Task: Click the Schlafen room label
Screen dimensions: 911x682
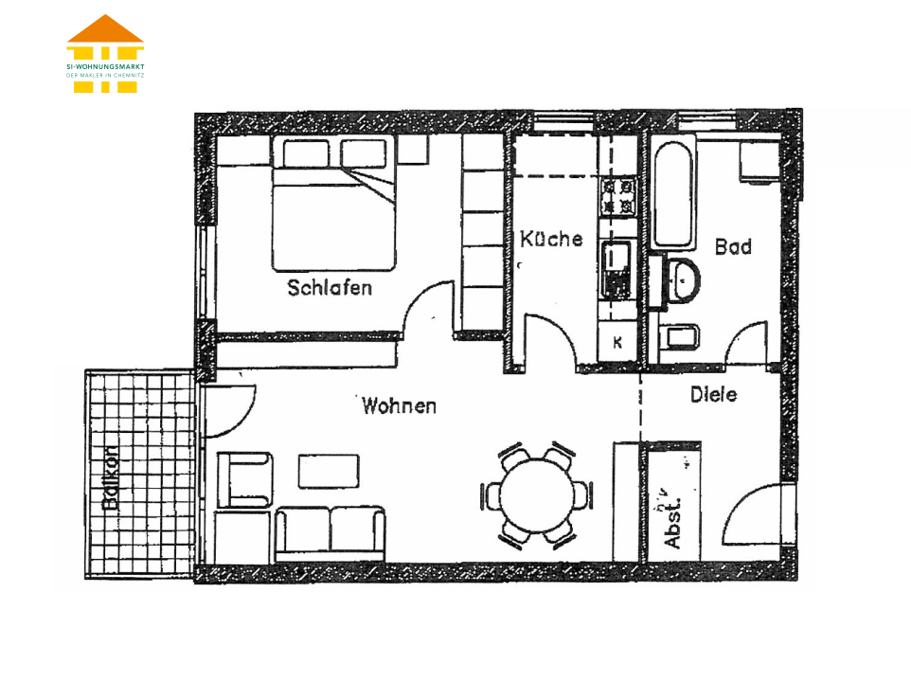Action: coord(330,288)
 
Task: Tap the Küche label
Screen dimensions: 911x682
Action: coord(551,238)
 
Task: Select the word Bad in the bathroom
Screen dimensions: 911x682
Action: coord(733,246)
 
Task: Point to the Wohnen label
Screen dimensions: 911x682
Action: coord(399,405)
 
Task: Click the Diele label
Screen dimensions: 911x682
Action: coord(713,394)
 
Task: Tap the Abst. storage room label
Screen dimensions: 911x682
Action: coord(672,522)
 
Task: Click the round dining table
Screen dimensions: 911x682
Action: coord(537,495)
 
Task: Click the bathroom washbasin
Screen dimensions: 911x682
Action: coord(684,281)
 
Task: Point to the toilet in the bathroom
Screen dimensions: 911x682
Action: coord(680,337)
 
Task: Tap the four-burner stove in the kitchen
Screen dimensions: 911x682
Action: coord(618,197)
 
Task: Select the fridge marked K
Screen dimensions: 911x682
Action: coord(617,342)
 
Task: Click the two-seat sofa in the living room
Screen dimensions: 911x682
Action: coord(330,533)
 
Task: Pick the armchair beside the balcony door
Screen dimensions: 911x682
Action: coord(244,480)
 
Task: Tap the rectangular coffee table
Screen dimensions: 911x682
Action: coord(329,471)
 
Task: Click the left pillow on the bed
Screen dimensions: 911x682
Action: coord(306,153)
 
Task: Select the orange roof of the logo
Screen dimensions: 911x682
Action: coord(105,28)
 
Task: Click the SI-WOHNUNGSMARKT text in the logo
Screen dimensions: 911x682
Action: coord(105,67)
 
